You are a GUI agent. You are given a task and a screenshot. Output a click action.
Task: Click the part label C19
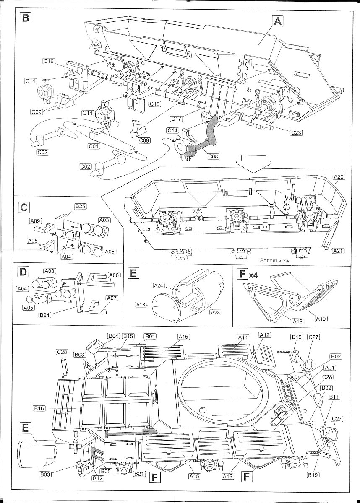(49, 61)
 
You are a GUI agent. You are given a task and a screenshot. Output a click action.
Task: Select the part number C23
(296, 132)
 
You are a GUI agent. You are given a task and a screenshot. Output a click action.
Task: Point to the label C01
(94, 146)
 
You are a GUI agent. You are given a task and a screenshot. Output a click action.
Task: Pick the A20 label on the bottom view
(339, 177)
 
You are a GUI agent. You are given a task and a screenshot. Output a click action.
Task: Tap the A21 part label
(339, 251)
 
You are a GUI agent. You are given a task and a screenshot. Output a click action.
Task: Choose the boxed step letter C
(24, 207)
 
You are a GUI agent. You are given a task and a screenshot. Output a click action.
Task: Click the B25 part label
(80, 206)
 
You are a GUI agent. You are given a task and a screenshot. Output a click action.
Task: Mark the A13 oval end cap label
(141, 305)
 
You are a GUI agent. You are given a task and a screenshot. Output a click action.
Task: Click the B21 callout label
(139, 474)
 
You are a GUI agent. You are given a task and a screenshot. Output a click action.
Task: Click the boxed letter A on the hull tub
(277, 20)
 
